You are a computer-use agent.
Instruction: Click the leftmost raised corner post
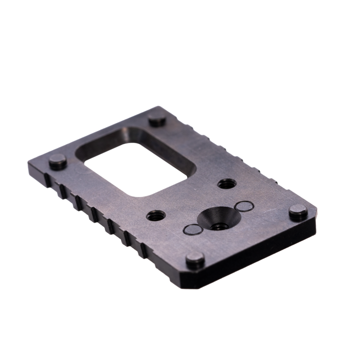pyautogui.click(x=58, y=163)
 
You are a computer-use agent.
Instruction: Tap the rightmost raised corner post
pyautogui.click(x=298, y=211)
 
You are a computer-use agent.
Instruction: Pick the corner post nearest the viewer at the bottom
pyautogui.click(x=195, y=260)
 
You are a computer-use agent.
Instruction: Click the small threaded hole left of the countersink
pyautogui.click(x=156, y=215)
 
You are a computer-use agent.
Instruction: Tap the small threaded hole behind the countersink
pyautogui.click(x=226, y=183)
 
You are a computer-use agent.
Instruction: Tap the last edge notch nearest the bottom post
pyautogui.click(x=144, y=251)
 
